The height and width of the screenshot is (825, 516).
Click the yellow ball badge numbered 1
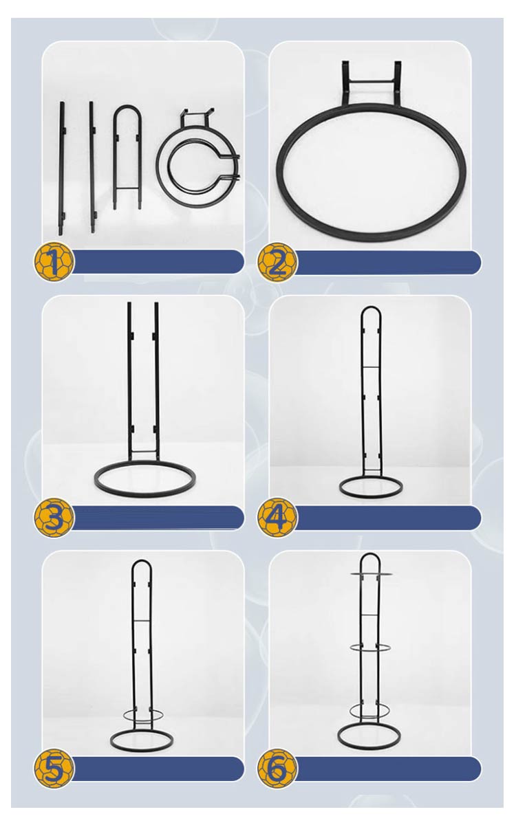54,261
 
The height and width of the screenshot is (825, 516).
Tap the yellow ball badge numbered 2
277,262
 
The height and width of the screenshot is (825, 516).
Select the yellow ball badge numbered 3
54,517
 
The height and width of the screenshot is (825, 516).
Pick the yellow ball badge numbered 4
277,517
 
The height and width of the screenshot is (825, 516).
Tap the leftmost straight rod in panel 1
61,168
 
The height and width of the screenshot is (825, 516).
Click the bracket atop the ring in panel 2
371,81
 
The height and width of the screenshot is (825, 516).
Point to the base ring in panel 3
145,494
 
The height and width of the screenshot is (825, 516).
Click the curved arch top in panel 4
371,307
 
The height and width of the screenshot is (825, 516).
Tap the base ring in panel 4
371,498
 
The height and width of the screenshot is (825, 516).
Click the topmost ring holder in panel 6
371,574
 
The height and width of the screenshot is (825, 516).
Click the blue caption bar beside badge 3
158,518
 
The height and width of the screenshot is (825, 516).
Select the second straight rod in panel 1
92,167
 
